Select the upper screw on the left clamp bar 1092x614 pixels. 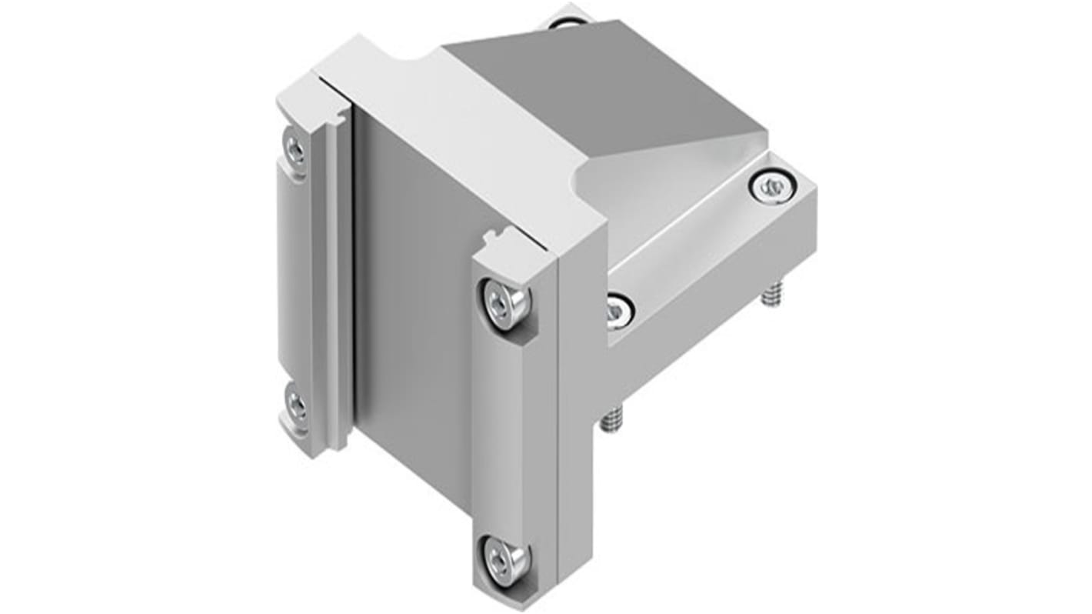[x=295, y=146]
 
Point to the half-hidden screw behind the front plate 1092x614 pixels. [x=616, y=310]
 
